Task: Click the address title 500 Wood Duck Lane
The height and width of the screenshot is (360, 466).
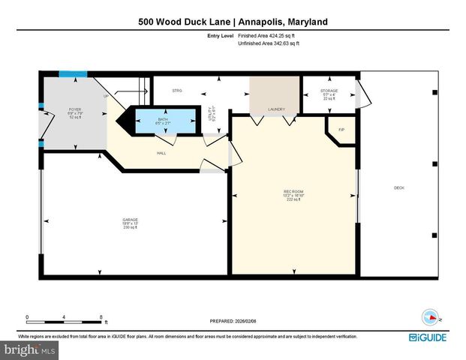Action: coord(233,22)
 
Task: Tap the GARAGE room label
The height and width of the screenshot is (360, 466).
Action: coord(131,220)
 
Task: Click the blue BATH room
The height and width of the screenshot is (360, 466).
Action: coord(163,120)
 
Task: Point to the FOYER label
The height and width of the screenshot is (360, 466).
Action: coord(74,110)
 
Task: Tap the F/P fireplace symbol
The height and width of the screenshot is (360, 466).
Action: coord(340,130)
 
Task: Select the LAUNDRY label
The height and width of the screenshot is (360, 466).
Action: coord(275,109)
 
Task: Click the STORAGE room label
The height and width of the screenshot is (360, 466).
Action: coord(329,91)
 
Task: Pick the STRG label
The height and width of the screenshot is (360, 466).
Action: coord(177,91)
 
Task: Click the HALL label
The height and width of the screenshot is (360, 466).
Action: coord(161,153)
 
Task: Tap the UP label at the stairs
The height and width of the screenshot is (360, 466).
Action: coord(105,96)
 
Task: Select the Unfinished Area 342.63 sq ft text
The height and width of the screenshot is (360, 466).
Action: coord(268,43)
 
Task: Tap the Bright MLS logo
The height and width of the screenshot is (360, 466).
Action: coord(30,350)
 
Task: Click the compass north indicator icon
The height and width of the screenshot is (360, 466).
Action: coord(431,316)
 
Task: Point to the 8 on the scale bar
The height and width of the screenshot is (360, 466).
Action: coord(101,316)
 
